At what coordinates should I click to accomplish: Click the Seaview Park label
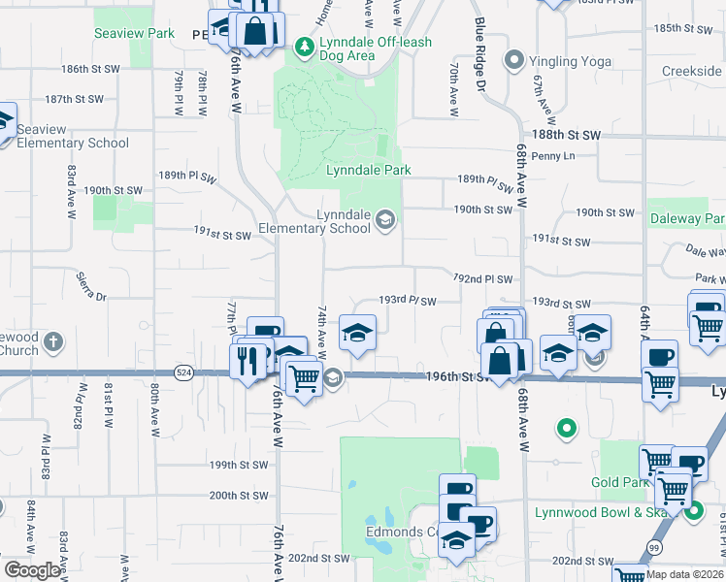point(134,33)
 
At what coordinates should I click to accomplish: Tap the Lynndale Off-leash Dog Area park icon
point(304,46)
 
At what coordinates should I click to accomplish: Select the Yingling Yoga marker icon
point(514,61)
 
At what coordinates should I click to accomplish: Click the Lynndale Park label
point(369,170)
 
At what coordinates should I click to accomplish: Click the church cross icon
point(54,342)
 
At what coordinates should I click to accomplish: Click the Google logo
point(32,570)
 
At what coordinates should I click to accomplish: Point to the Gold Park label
point(618,482)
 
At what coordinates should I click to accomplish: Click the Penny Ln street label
point(553,155)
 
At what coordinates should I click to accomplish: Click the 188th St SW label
point(566,135)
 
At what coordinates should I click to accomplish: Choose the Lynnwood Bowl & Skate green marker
point(695,507)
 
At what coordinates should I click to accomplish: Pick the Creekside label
point(692,71)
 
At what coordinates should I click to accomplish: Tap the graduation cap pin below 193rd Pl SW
point(357,333)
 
